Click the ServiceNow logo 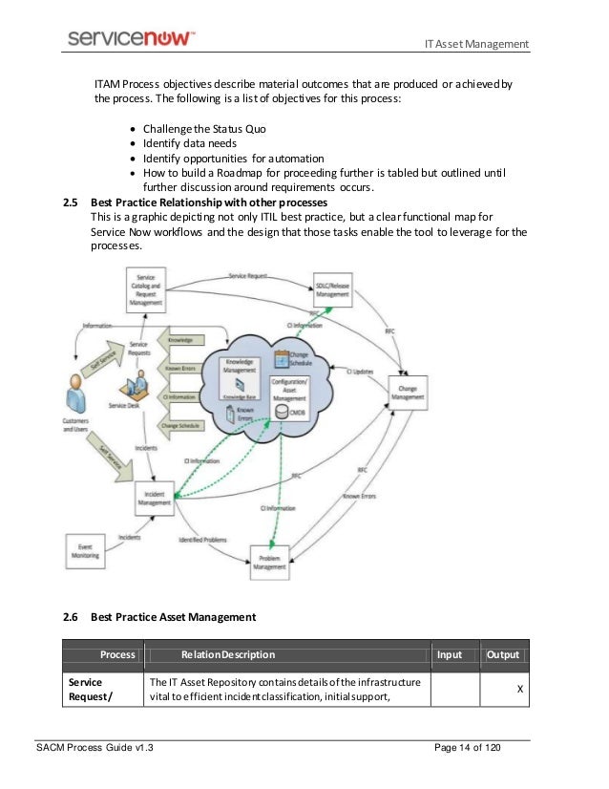[x=132, y=37]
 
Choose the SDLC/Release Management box [x=332, y=289]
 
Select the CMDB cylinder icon [x=281, y=411]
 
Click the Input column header [x=449, y=655]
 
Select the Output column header [x=502, y=655]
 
